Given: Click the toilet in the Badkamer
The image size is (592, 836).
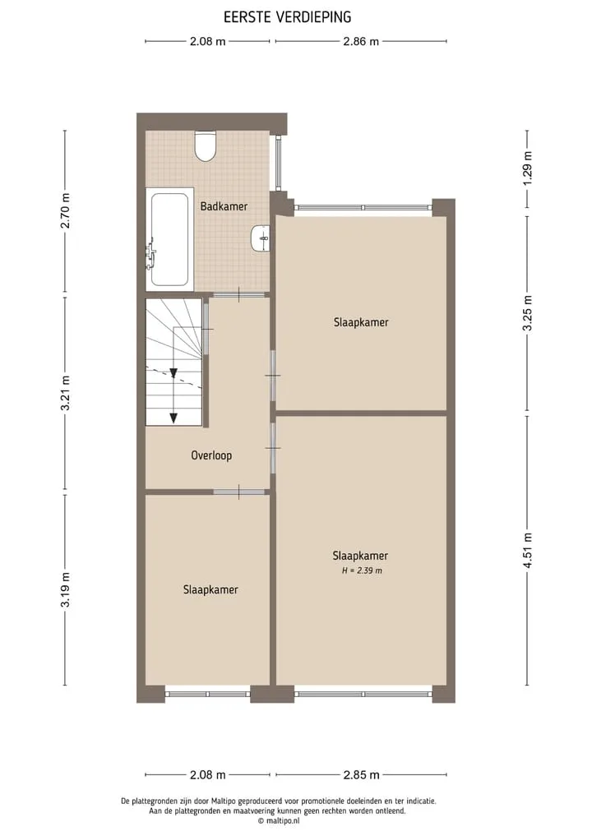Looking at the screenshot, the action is click(x=205, y=145).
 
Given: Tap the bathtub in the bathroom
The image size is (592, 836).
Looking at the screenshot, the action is click(x=169, y=239).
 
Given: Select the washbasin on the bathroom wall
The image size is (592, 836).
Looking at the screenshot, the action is click(x=261, y=238).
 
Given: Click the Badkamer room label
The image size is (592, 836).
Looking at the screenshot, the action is click(x=224, y=206).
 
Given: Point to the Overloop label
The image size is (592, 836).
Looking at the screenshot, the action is click(x=211, y=455).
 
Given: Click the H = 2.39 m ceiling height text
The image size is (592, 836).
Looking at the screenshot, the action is click(x=362, y=570).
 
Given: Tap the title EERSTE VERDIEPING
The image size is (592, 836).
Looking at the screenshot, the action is click(x=288, y=17).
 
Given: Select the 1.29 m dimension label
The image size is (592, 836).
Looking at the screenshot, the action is click(x=528, y=169).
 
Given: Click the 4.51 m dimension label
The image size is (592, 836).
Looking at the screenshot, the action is click(x=528, y=550).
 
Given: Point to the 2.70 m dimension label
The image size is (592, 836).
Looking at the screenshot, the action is click(x=65, y=210).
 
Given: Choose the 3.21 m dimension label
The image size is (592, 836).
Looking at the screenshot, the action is click(x=65, y=393).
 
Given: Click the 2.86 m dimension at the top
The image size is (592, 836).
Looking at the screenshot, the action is click(x=361, y=42).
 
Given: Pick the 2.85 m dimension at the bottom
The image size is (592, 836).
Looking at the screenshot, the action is click(x=361, y=774).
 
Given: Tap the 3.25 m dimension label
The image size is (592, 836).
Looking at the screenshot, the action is click(x=528, y=313).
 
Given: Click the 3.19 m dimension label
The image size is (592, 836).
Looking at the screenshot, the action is click(x=65, y=589).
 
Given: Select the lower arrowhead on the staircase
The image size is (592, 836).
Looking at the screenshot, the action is click(x=173, y=418).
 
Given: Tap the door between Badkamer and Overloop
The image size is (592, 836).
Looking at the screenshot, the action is click(x=239, y=294).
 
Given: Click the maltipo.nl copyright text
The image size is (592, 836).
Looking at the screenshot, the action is click(x=279, y=821).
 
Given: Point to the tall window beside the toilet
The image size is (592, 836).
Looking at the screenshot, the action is click(x=279, y=164).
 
